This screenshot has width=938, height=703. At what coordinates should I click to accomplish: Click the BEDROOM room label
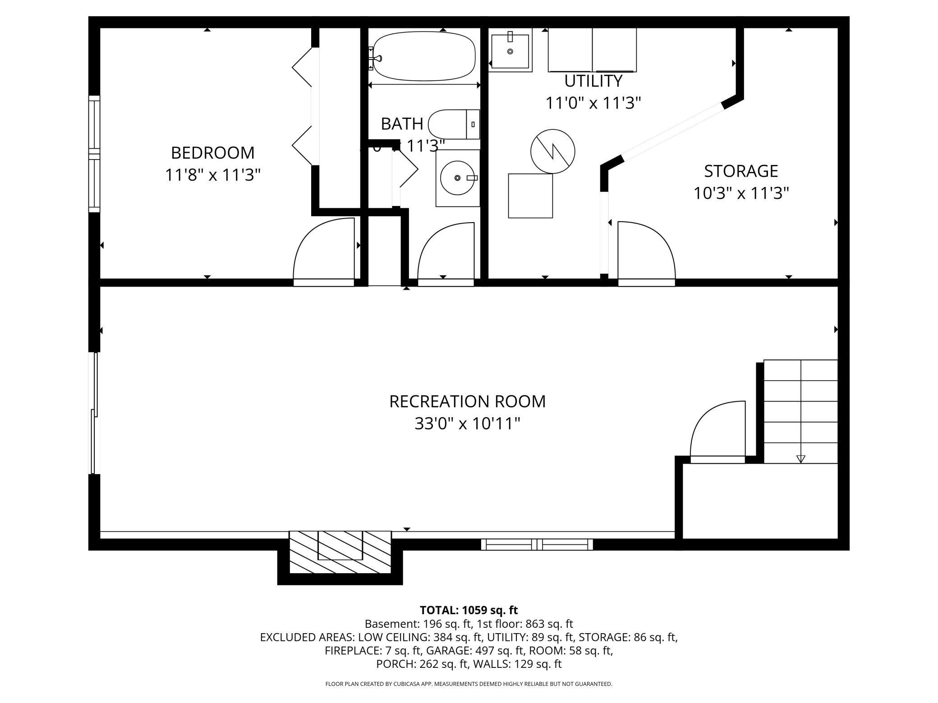pyautogui.click(x=212, y=153)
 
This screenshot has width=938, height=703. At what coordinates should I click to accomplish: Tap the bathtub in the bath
pyautogui.click(x=424, y=56)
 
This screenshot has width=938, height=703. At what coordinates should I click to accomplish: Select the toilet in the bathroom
pyautogui.click(x=453, y=124)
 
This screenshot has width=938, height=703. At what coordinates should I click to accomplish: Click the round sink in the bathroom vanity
pyautogui.click(x=457, y=178)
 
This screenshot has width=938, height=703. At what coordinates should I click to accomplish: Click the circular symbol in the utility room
pyautogui.click(x=552, y=151)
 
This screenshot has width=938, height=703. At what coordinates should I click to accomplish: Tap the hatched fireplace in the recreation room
pyautogui.click(x=340, y=552)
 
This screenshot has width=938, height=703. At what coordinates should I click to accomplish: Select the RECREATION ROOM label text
pyautogui.click(x=467, y=402)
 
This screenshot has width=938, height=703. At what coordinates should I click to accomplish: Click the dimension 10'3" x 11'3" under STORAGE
pyautogui.click(x=741, y=194)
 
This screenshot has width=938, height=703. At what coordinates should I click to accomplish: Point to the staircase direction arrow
pyautogui.click(x=800, y=459)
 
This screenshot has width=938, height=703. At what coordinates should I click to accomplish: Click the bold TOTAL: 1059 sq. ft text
pyautogui.click(x=469, y=610)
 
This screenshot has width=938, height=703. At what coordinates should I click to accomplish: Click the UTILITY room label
pyautogui.click(x=593, y=81)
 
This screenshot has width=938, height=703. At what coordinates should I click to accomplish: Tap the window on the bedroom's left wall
pyautogui.click(x=94, y=154)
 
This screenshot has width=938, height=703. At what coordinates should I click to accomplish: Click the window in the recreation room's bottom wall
pyautogui.click(x=537, y=544)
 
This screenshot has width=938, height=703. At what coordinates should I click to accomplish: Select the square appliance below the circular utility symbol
pyautogui.click(x=530, y=196)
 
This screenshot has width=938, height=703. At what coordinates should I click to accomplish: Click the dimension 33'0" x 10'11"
pyautogui.click(x=467, y=424)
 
